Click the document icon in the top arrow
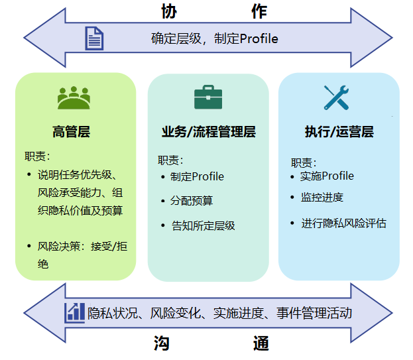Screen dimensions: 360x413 [94, 38]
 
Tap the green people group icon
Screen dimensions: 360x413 [73, 98]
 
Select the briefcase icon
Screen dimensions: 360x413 [207, 97]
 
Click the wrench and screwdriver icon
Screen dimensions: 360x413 [336, 97]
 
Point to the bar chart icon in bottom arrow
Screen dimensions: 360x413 [74, 312]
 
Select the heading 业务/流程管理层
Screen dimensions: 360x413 [208, 132]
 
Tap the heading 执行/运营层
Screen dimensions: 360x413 [339, 132]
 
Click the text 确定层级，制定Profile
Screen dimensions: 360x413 [214, 38]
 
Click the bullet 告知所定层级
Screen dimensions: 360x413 [203, 225]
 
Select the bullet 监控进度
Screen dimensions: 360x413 [322, 198]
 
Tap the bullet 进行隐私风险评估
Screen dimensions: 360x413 [343, 223]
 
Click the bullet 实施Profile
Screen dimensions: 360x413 [327, 176]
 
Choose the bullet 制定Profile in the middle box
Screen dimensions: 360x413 [197, 176]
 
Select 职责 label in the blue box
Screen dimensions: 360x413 [303, 162]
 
